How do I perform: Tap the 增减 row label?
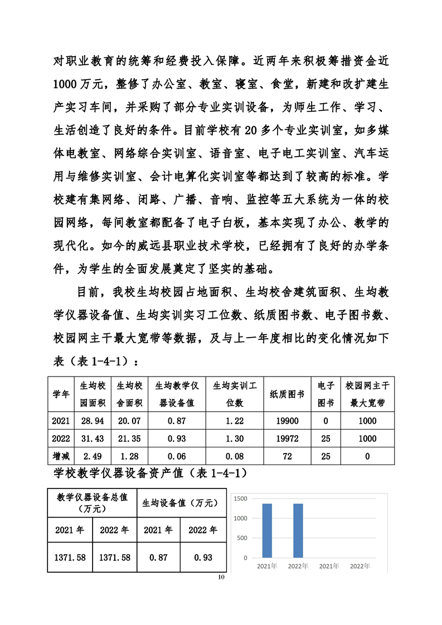point(61,457)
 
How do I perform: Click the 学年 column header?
point(61,394)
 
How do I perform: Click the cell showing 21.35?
point(130,439)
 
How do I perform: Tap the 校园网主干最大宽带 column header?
point(367,394)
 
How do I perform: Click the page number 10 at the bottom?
point(221,577)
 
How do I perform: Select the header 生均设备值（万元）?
point(181,503)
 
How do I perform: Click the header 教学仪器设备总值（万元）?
point(93,503)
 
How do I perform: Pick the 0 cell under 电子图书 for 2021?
point(326,421)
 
